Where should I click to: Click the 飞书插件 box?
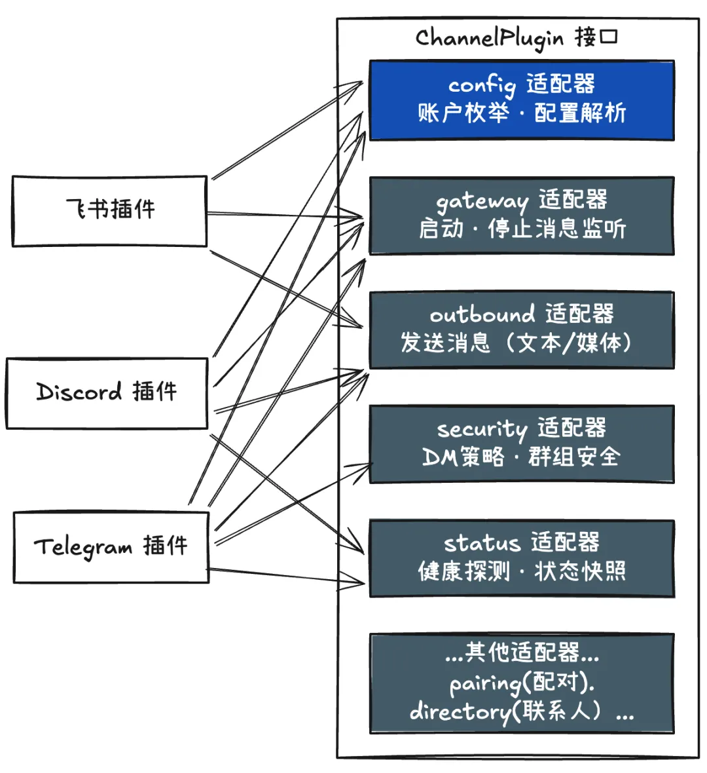109,211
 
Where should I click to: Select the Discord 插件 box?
107,393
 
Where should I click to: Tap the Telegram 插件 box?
111,547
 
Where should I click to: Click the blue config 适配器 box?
521,100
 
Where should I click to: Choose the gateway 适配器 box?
521,216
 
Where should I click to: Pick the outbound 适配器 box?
521,330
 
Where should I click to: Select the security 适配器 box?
521,443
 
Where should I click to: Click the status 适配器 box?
521,558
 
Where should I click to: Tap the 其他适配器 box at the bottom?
521,683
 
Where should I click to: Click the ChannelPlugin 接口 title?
517,38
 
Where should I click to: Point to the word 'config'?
481,86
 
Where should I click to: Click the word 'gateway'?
482,201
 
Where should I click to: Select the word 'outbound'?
482,315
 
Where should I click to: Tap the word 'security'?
482,429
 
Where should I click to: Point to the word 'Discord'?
79,392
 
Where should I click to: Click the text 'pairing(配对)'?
521,683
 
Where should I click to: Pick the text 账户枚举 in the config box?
463,113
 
